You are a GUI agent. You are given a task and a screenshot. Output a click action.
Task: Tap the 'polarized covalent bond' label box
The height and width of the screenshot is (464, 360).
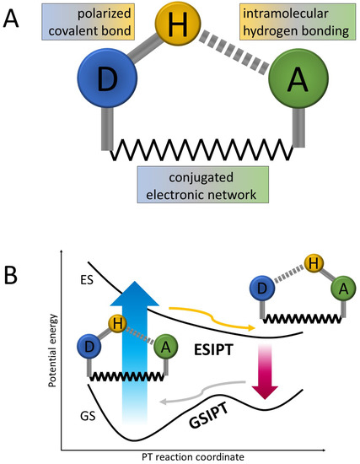(98, 25)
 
